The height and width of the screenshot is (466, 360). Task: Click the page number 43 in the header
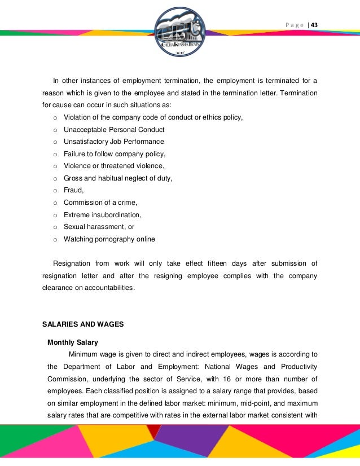[x=314, y=25]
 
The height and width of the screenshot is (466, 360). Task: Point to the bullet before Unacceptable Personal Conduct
[x=55, y=130]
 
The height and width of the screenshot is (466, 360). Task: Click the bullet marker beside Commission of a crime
[x=55, y=203]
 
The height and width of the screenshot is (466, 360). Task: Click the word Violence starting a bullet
[x=78, y=166]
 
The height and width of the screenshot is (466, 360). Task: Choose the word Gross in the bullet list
[x=73, y=178]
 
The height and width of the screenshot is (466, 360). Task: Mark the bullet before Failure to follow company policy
[x=55, y=154]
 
